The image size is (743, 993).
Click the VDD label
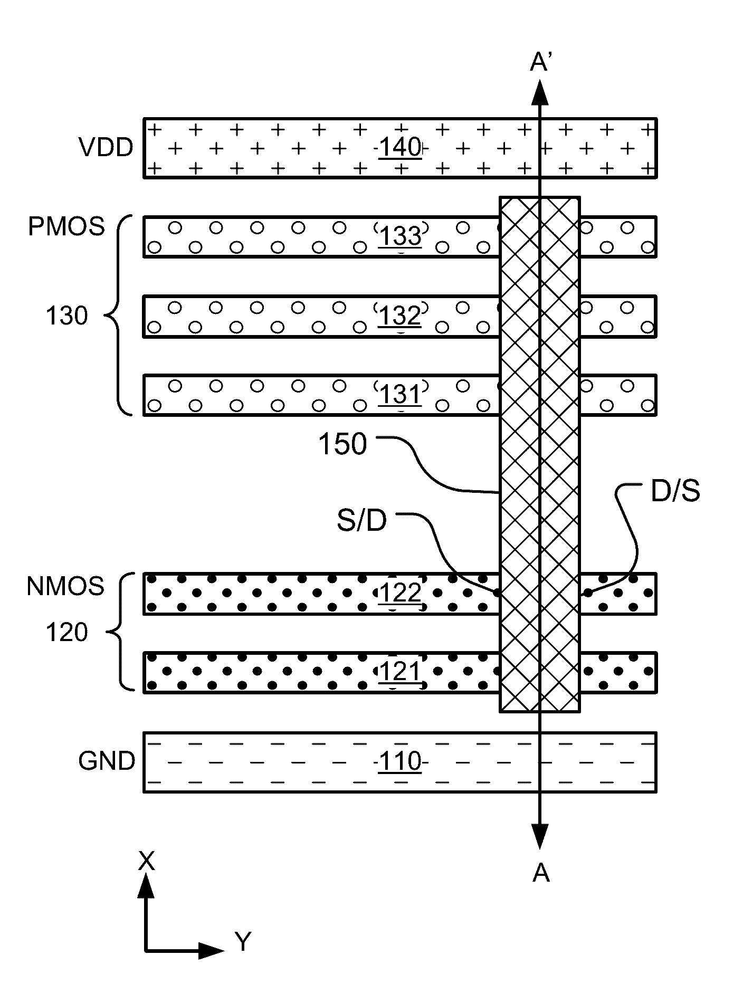pyautogui.click(x=106, y=148)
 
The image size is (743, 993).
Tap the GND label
pyautogui.click(x=107, y=761)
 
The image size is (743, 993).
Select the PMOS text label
pyautogui.click(x=66, y=227)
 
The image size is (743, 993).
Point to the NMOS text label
pyautogui.click(x=65, y=587)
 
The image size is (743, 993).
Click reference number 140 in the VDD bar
pyautogui.click(x=400, y=148)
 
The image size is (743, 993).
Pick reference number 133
pyautogui.click(x=400, y=236)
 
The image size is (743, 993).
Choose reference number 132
pyautogui.click(x=400, y=316)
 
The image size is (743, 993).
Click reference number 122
pyautogui.click(x=400, y=593)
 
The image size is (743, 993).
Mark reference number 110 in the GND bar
pyautogui.click(x=400, y=762)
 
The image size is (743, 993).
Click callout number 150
pyautogui.click(x=342, y=444)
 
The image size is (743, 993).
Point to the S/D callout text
pyautogui.click(x=362, y=521)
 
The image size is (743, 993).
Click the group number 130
pyautogui.click(x=66, y=316)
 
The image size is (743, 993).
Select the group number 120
pyautogui.click(x=66, y=632)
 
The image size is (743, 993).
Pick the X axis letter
pyautogui.click(x=146, y=861)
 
